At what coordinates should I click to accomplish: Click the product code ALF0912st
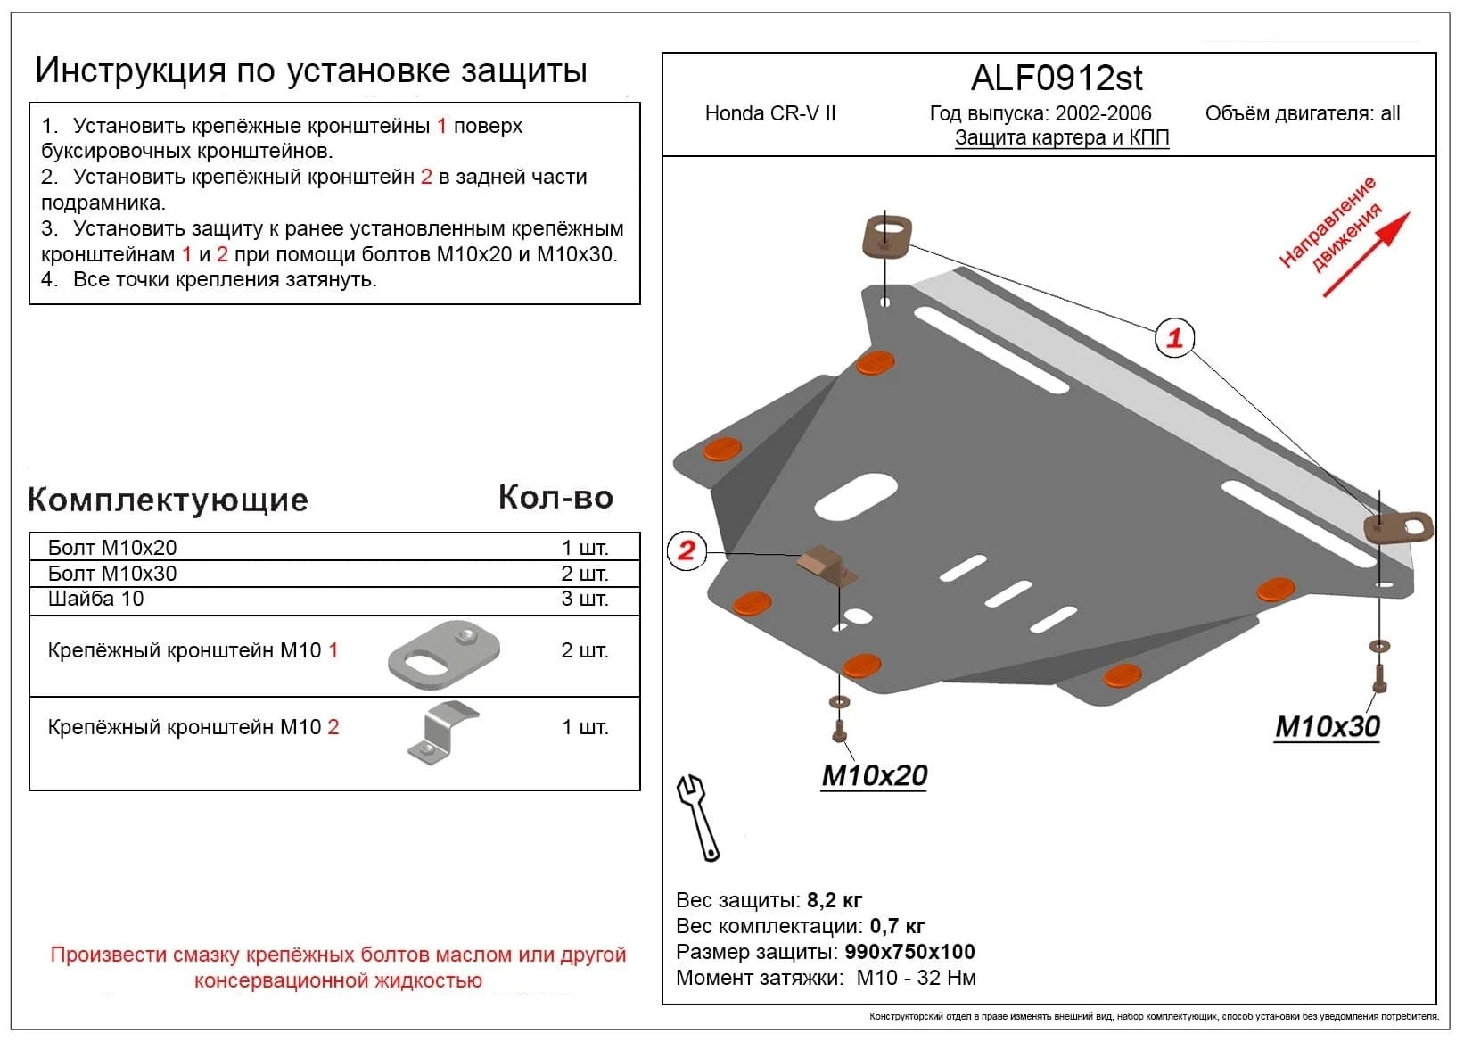pyautogui.click(x=1057, y=79)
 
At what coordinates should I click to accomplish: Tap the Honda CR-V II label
pyautogui.click(x=770, y=113)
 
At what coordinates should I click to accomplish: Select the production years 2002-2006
pyautogui.click(x=1103, y=113)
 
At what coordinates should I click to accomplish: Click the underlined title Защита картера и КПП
pyautogui.click(x=1061, y=138)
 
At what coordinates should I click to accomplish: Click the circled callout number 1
pyautogui.click(x=1174, y=338)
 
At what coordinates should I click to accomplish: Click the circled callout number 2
pyautogui.click(x=686, y=550)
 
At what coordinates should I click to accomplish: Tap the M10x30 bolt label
pyautogui.click(x=1327, y=727)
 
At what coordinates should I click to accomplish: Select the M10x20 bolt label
pyautogui.click(x=874, y=775)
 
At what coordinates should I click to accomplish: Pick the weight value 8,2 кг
pyautogui.click(x=835, y=900)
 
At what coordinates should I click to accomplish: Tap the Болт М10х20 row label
pyautogui.click(x=112, y=548)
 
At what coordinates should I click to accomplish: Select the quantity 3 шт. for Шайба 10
pyautogui.click(x=584, y=599)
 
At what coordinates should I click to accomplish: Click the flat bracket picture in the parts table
pyautogui.click(x=443, y=655)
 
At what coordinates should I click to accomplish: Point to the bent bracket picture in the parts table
pyautogui.click(x=441, y=733)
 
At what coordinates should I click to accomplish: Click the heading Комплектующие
pyautogui.click(x=168, y=500)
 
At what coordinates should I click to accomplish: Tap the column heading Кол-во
pyautogui.click(x=555, y=498)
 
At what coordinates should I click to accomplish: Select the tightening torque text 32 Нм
pyautogui.click(x=945, y=978)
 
